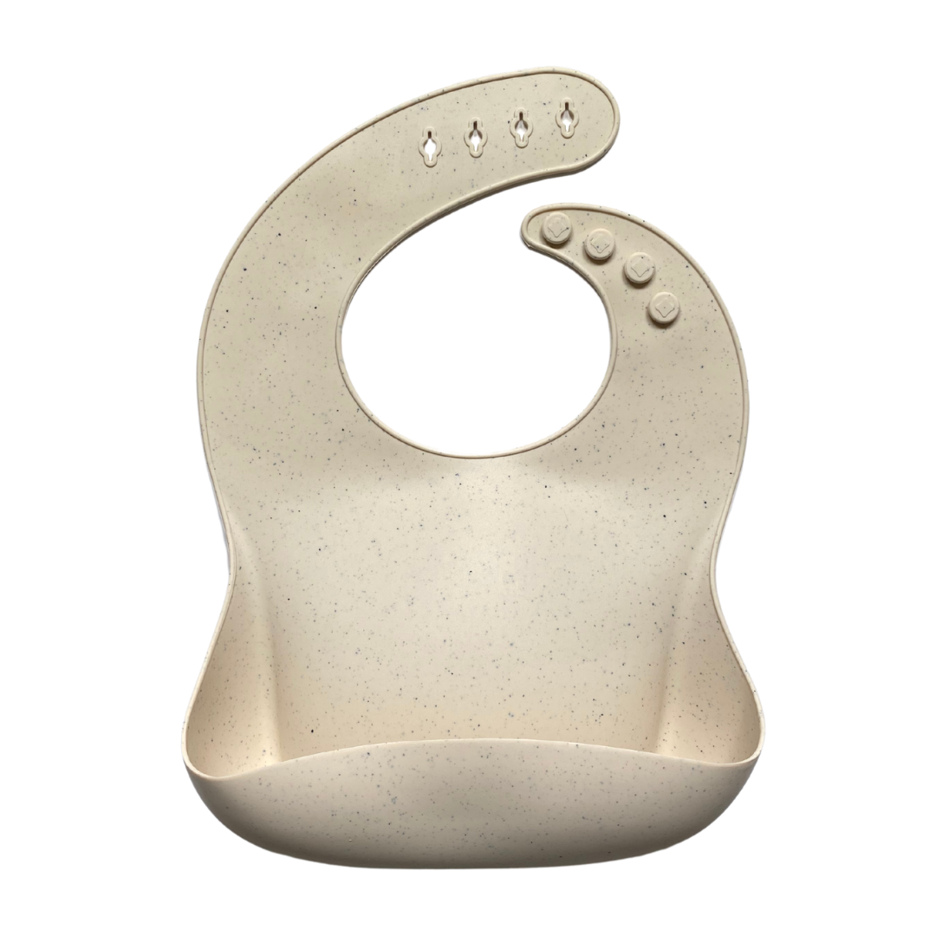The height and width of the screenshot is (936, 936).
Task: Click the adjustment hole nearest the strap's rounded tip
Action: tap(567, 118)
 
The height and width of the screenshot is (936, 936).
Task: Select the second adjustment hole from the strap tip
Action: tap(521, 127)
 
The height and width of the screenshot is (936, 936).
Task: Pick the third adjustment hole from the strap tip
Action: tap(475, 136)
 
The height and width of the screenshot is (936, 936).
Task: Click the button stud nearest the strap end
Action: tap(556, 230)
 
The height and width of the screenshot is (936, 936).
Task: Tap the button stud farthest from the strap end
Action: tap(664, 308)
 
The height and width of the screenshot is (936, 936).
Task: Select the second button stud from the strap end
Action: tap(599, 244)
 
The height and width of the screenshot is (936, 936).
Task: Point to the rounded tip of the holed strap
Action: tap(607, 108)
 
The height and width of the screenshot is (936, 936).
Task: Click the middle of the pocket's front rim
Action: tap(472, 742)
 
